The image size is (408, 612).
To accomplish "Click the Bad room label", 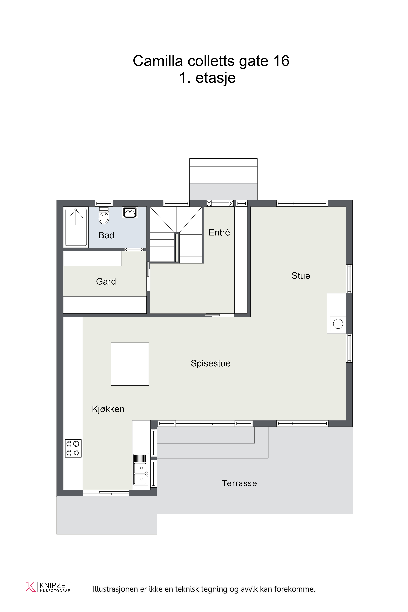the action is [106, 235].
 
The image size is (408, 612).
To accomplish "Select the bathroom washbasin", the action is [130, 212].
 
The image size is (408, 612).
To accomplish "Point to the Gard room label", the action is [106, 281].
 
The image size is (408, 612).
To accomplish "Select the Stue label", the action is [301, 276].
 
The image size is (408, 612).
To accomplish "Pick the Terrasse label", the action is [239, 483].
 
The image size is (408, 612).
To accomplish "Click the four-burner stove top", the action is [73, 448].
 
